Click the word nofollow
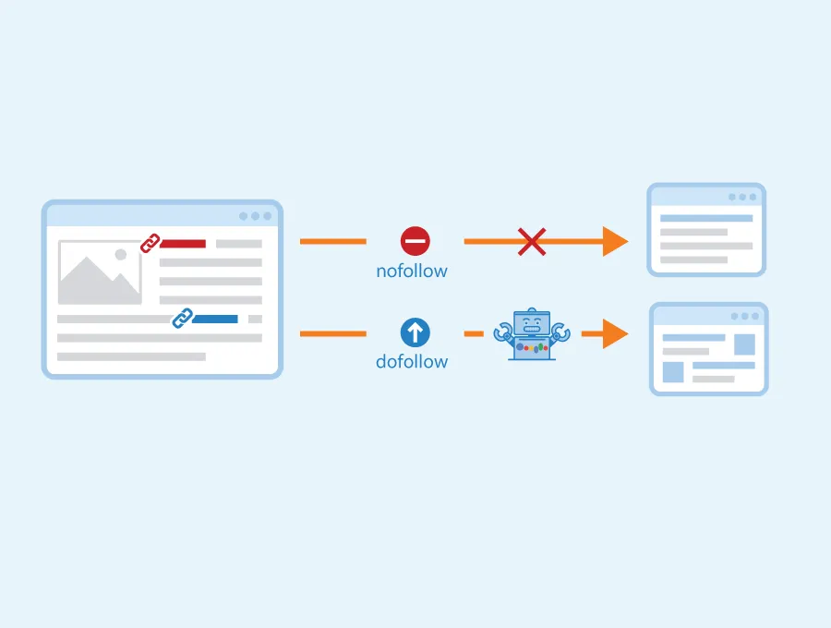tap(412, 271)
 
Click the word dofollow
tap(412, 361)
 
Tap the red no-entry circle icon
tap(415, 241)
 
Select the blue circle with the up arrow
tap(415, 332)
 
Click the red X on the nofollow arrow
tap(532, 242)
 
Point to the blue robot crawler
tap(532, 334)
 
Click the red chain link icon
tap(150, 243)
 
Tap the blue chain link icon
tap(183, 318)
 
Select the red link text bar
tap(183, 244)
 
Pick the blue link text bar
tap(215, 319)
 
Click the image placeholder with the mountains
tap(100, 272)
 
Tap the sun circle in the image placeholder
tap(121, 254)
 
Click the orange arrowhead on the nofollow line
tap(615, 242)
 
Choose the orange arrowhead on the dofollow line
tap(615, 334)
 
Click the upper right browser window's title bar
tap(706, 197)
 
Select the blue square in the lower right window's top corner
tap(744, 344)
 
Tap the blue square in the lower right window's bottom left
tap(673, 372)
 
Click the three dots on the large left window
tap(256, 216)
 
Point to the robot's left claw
tap(501, 333)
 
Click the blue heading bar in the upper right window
tap(706, 218)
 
